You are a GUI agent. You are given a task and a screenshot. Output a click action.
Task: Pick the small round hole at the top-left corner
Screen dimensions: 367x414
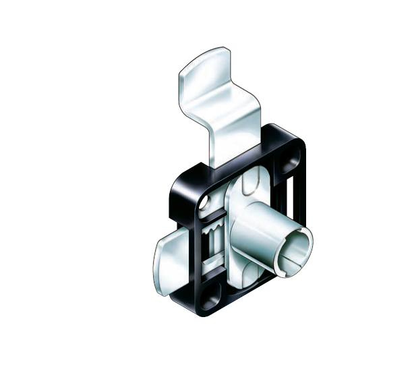(205, 200)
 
